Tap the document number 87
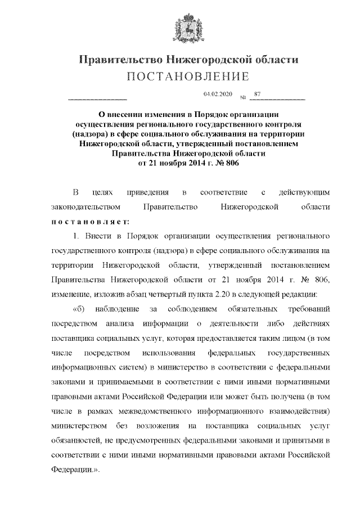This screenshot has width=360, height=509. (258, 94)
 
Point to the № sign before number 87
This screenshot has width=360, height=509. (244, 98)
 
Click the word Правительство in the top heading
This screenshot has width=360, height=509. (115, 59)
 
